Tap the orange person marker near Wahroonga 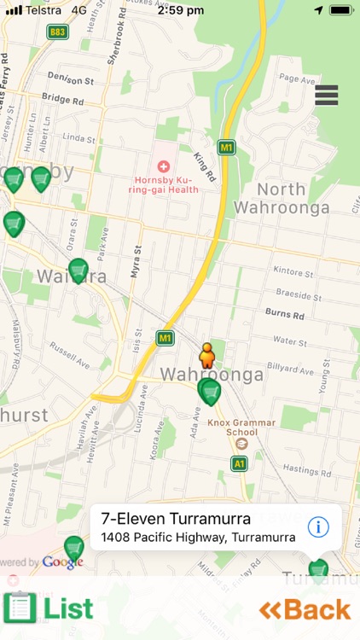[206, 353]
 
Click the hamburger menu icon [327, 95]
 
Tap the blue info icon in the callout [318, 527]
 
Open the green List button [49, 608]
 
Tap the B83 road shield [58, 32]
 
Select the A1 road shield [239, 463]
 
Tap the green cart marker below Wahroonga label [209, 391]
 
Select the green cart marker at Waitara [78, 271]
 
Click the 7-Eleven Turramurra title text [176, 519]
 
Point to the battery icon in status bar [340, 9]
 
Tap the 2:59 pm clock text [180, 9]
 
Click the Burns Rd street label [285, 314]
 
